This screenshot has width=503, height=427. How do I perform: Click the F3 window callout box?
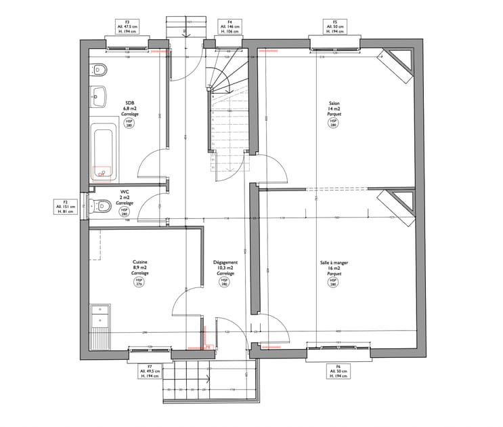coord(127,27)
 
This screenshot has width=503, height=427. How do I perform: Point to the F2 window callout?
coord(66,208)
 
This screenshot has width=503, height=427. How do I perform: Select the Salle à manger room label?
coord(333,268)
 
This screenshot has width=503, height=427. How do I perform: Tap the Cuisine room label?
coord(140,267)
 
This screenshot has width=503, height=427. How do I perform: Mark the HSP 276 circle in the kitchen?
coord(140,283)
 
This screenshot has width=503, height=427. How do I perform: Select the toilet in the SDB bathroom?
coord(98,68)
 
